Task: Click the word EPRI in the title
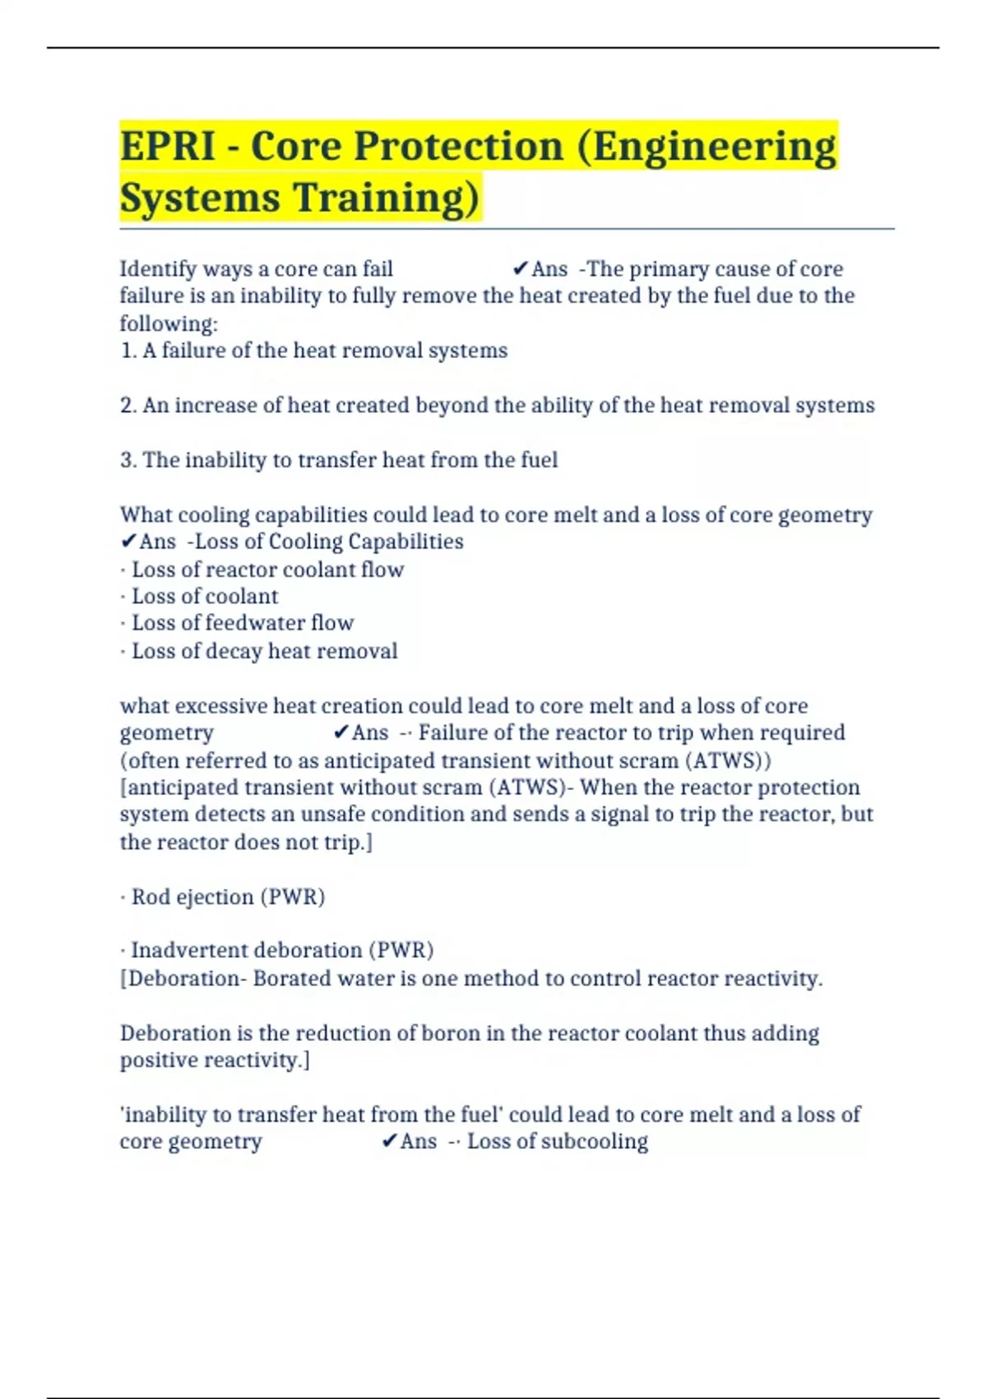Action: (168, 146)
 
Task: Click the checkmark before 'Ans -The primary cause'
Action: (520, 269)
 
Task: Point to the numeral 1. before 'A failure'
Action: (128, 351)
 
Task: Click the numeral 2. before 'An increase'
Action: (128, 406)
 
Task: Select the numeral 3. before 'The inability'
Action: (128, 460)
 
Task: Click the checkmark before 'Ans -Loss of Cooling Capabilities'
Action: (128, 541)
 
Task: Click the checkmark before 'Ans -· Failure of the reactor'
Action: (341, 732)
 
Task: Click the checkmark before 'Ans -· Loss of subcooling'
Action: (390, 1141)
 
